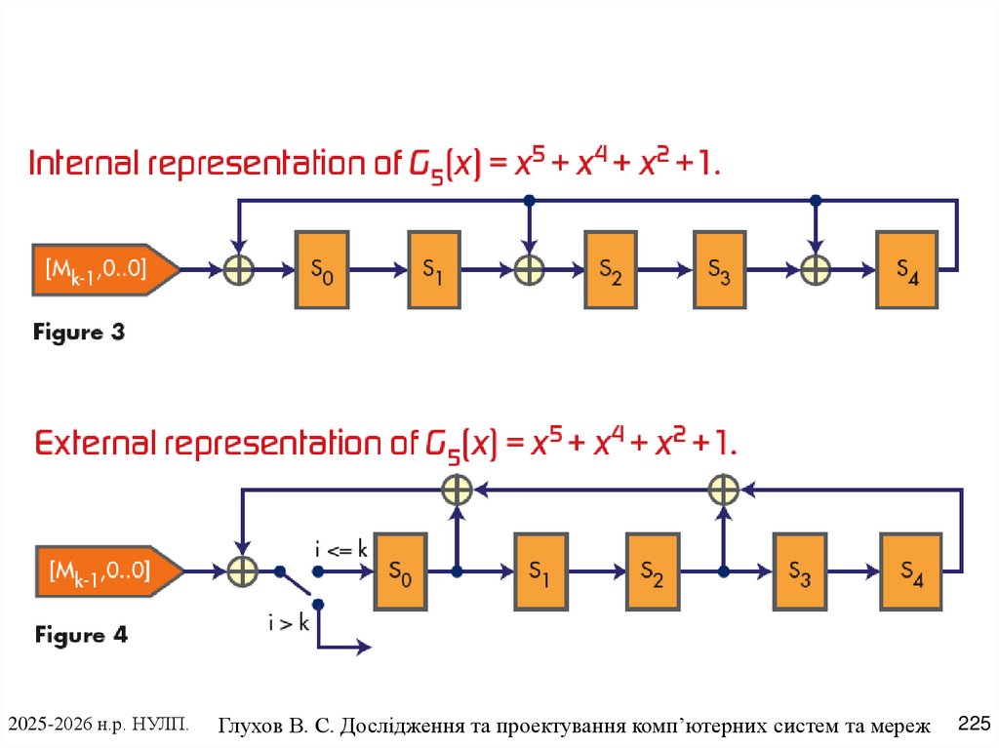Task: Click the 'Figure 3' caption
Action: tap(80, 333)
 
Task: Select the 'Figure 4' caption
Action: tap(81, 635)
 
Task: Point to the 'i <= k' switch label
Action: tap(340, 550)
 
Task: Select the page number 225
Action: tap(974, 724)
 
